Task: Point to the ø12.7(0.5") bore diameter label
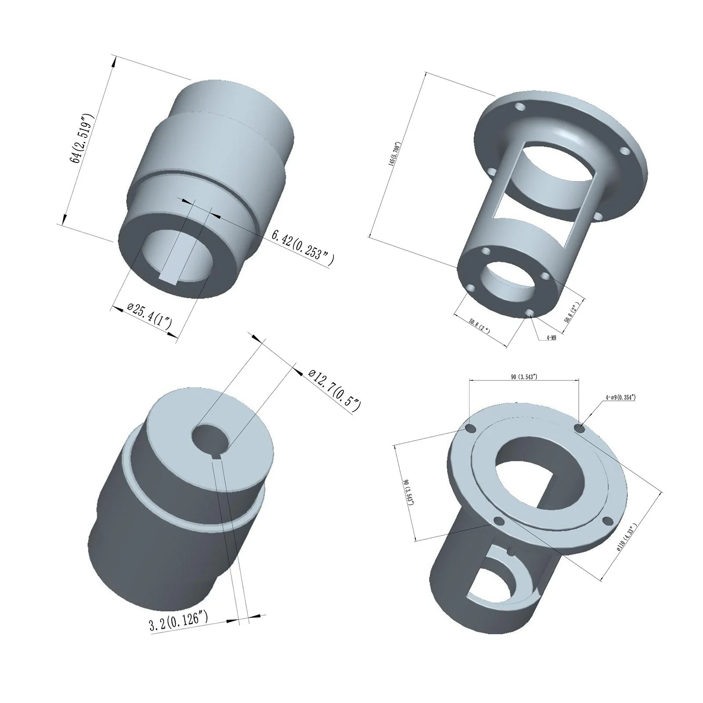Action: [334, 389]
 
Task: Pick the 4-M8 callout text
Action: [551, 338]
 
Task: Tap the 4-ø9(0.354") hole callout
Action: [620, 397]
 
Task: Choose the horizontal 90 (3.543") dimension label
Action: [524, 377]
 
